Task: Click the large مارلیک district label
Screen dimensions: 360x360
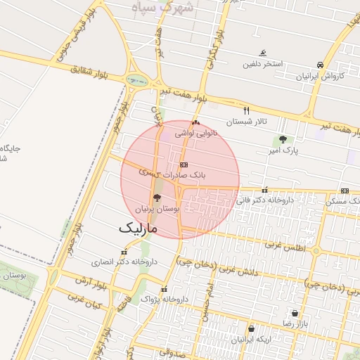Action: coord(139,228)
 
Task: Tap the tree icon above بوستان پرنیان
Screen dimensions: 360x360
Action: coord(157,198)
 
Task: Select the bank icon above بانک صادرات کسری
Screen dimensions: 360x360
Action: coord(184,164)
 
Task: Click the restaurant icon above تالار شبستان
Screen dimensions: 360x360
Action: coord(246,110)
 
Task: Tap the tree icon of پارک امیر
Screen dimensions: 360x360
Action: coord(283,139)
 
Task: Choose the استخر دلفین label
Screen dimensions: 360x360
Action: coord(262,64)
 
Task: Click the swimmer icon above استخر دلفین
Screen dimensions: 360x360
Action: coord(263,53)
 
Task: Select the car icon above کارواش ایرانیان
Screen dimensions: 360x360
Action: coord(321,64)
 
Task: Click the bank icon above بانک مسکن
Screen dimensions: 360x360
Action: coord(345,191)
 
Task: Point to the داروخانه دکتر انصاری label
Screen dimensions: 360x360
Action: coord(124,262)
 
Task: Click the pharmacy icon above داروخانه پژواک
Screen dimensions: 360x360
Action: coord(164,289)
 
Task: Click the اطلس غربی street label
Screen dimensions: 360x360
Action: coord(282,245)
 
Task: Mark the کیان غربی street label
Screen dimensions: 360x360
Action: coord(85,302)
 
